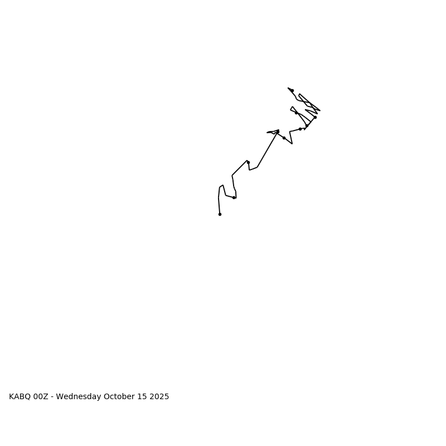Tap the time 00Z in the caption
point(40,397)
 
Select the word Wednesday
point(79,397)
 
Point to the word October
point(120,397)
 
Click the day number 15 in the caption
point(142,397)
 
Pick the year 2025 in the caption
point(159,397)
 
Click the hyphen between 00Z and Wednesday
point(52,397)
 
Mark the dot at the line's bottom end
point(220,214)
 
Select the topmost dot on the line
point(292,90)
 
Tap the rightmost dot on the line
point(315,117)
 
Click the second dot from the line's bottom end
point(234,197)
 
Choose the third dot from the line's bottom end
point(248,162)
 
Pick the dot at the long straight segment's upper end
point(278,132)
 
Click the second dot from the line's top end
point(296,113)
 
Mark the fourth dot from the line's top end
point(307,125)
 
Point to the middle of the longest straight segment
point(267,149)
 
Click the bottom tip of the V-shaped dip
point(292,144)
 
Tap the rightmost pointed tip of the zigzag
point(320,110)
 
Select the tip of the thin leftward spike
point(268,133)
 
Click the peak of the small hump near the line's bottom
point(222,185)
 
